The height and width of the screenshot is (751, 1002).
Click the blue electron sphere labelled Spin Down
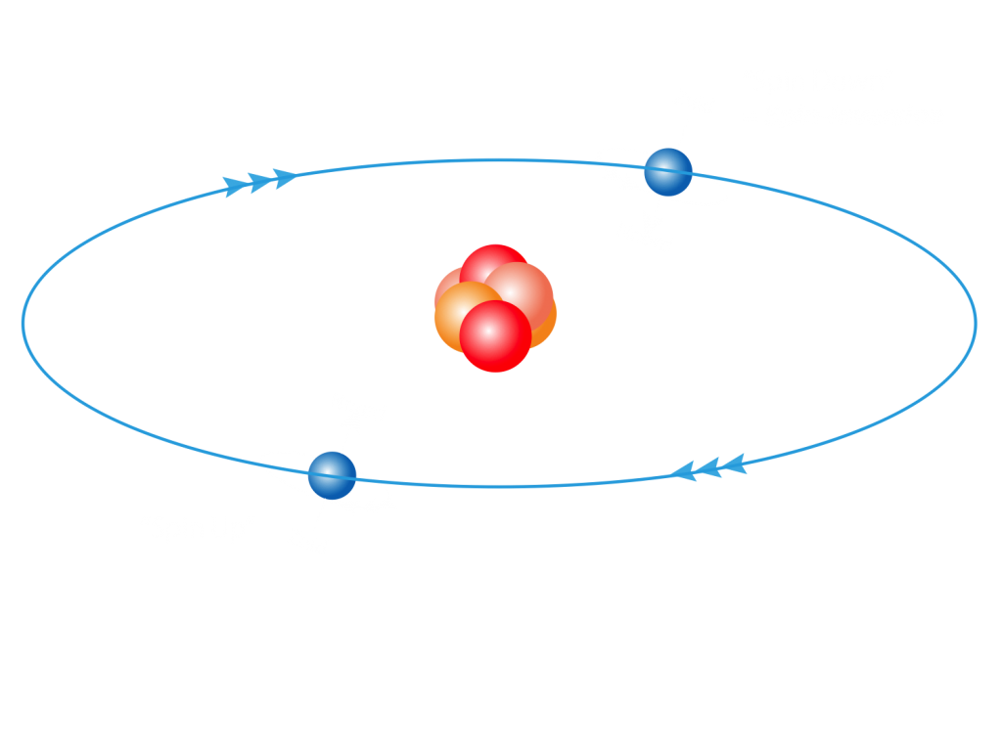point(668,172)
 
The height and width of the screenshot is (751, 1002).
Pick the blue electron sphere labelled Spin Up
point(332,475)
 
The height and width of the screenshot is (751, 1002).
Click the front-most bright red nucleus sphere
point(495,336)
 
